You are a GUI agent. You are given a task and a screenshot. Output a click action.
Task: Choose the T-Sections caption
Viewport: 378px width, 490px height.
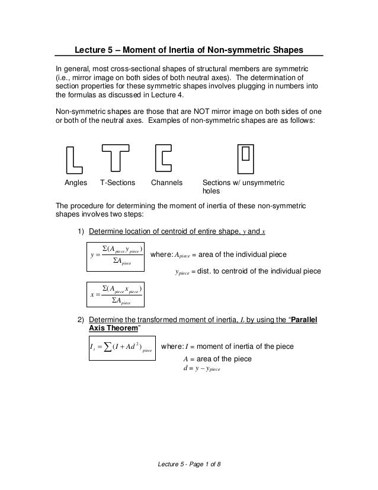[118, 183]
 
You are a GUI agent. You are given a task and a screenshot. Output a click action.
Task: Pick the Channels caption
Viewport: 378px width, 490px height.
[167, 183]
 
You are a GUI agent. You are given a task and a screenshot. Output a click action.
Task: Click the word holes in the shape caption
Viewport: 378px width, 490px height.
[213, 192]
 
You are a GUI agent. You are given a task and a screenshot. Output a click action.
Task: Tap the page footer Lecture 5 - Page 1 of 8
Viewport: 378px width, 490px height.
[189, 463]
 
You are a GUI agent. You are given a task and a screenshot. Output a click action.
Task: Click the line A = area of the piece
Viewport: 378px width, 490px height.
[218, 359]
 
